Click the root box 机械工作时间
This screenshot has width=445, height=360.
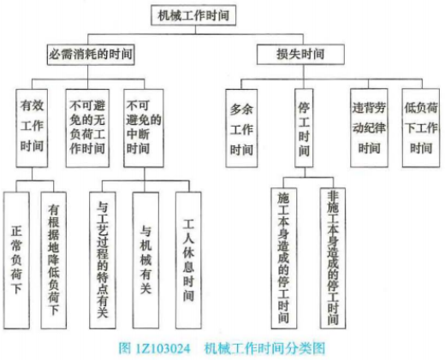[x=193, y=15]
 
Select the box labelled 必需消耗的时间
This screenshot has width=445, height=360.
[x=91, y=54]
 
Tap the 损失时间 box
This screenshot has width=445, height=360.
[x=300, y=54]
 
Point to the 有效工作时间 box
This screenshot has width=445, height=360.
[x=32, y=128]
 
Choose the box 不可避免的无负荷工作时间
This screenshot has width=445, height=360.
[x=87, y=128]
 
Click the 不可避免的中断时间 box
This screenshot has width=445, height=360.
[x=144, y=128]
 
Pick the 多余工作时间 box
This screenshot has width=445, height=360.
[x=241, y=128]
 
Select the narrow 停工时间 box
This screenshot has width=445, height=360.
[x=304, y=128]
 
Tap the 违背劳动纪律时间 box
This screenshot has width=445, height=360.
[x=369, y=128]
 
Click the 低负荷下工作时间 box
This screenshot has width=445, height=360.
[x=421, y=128]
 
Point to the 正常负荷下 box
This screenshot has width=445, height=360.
[x=16, y=260]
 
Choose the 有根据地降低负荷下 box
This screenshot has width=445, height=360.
[x=54, y=260]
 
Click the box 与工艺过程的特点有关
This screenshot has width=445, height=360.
[x=103, y=260]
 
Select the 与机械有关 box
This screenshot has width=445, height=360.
[x=145, y=260]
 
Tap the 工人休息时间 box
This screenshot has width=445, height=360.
[x=188, y=260]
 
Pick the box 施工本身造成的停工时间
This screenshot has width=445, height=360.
[x=283, y=258]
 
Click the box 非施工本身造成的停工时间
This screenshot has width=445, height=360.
[x=333, y=258]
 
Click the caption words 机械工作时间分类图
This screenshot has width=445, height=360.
[x=265, y=348]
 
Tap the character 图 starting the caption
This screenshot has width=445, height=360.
[x=125, y=348]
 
